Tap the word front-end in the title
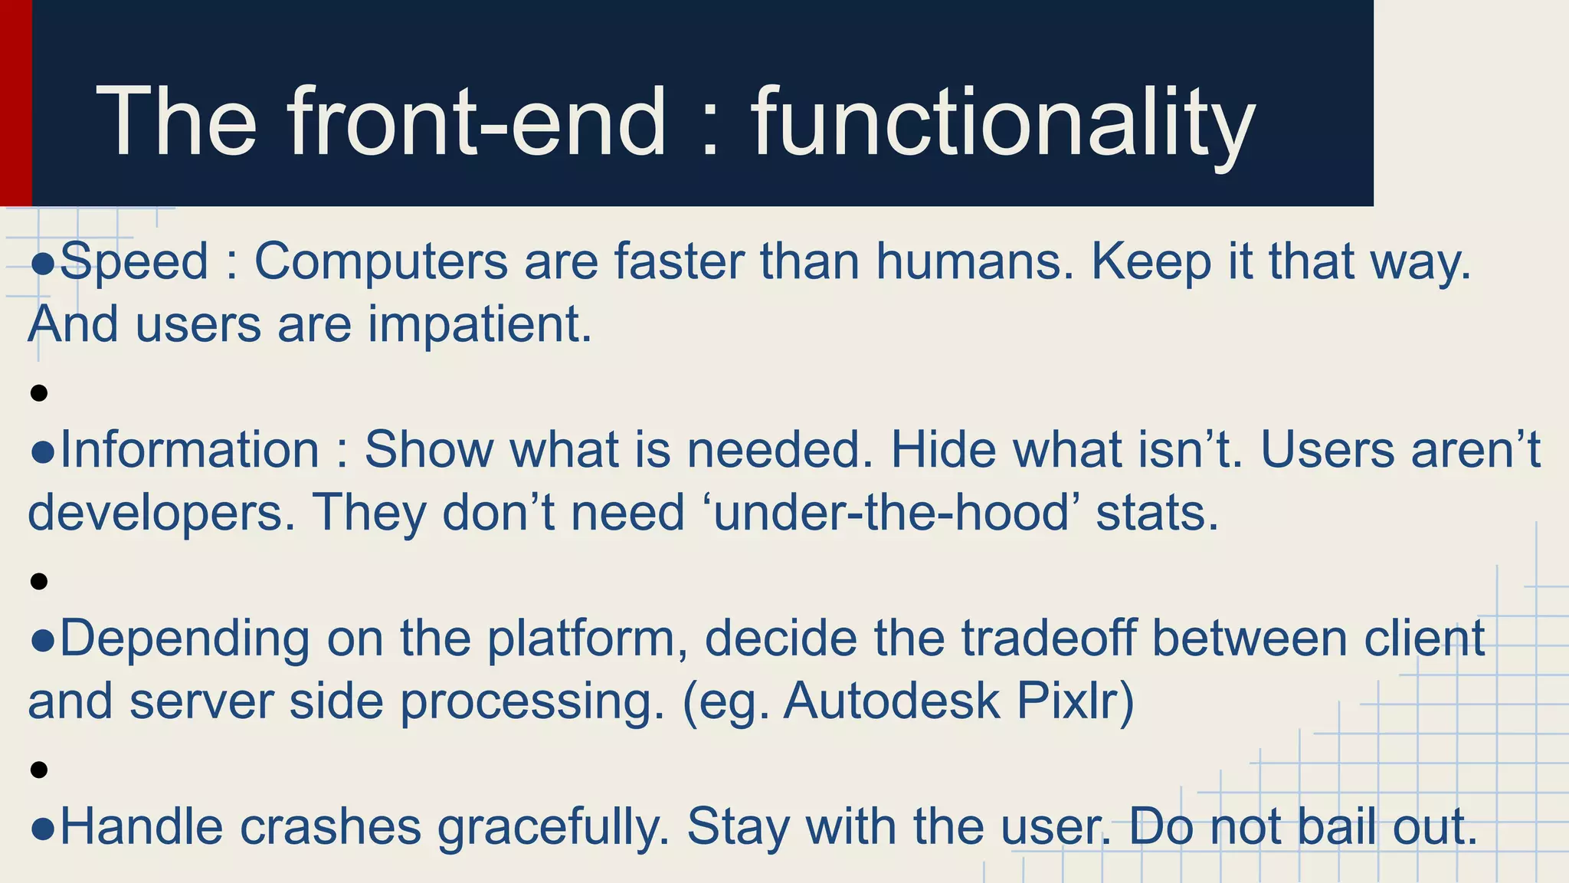(476, 123)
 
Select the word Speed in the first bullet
(134, 262)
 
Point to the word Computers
(381, 262)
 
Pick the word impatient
(480, 325)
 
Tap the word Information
(189, 450)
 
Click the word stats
(1156, 512)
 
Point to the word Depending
(185, 639)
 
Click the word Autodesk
(891, 701)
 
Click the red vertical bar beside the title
(15, 103)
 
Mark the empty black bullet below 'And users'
(39, 394)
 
